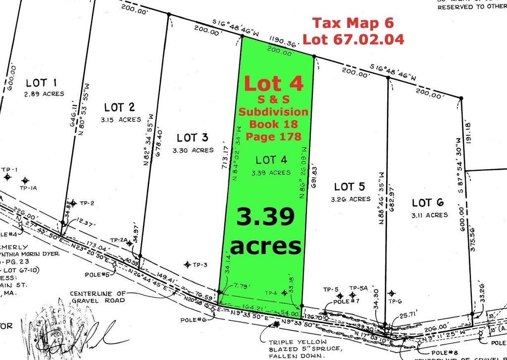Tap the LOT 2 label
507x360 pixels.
click(119, 107)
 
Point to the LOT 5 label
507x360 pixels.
click(350, 187)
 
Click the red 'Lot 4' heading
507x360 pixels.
click(273, 84)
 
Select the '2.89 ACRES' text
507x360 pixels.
click(44, 94)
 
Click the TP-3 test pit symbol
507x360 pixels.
click(187, 265)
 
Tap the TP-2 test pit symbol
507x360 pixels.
click(73, 203)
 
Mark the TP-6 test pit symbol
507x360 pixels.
click(392, 294)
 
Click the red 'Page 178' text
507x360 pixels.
click(273, 136)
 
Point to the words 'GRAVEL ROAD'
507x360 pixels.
click(98, 300)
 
